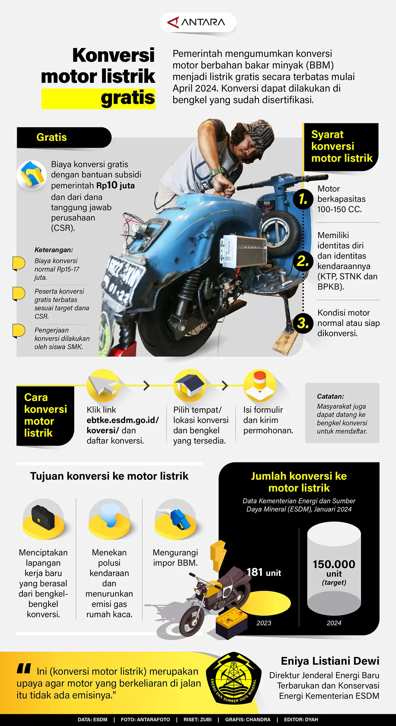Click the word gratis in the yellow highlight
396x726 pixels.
pos(128,98)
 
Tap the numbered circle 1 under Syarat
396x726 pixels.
pos(303,199)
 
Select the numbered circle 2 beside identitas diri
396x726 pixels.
pos(303,261)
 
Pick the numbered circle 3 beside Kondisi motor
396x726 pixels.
pos(303,323)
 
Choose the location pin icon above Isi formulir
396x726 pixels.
pos(259,385)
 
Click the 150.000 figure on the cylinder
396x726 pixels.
pos(334,564)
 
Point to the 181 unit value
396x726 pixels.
pos(264,572)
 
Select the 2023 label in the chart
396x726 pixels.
pos(264,623)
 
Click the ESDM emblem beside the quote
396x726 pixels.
pos(233,682)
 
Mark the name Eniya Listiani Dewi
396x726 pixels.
pos(330,661)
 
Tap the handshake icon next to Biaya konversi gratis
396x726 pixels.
pos(32,175)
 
